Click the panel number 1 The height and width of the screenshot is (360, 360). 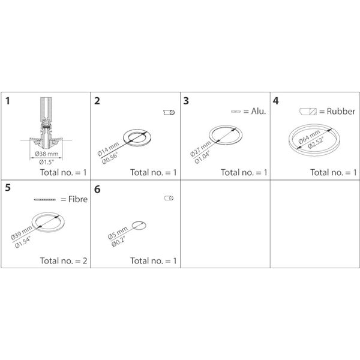pyautogui.click(x=8, y=101)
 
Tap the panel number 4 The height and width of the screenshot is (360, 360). pyautogui.click(x=276, y=101)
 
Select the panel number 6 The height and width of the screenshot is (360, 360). pyautogui.click(x=98, y=190)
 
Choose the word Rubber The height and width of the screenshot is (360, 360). pyautogui.click(x=341, y=112)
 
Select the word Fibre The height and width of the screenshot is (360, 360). pyautogui.click(x=74, y=199)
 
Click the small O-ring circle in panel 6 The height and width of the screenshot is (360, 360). pyautogui.click(x=139, y=226)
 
